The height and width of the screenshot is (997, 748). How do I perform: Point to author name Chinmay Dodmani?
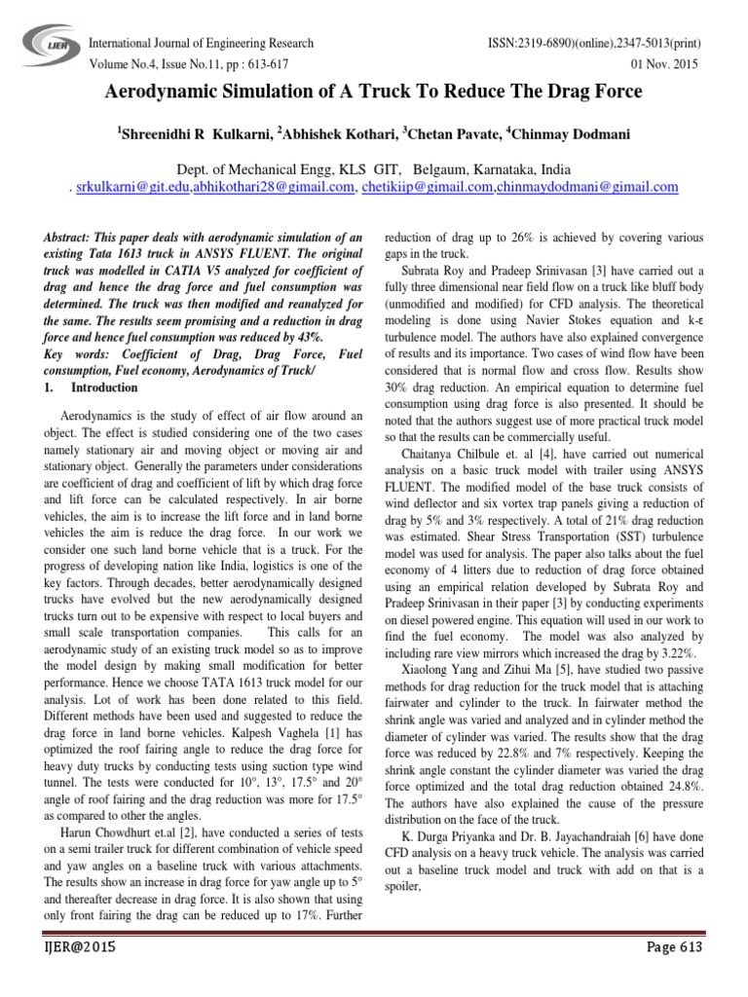point(579,131)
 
